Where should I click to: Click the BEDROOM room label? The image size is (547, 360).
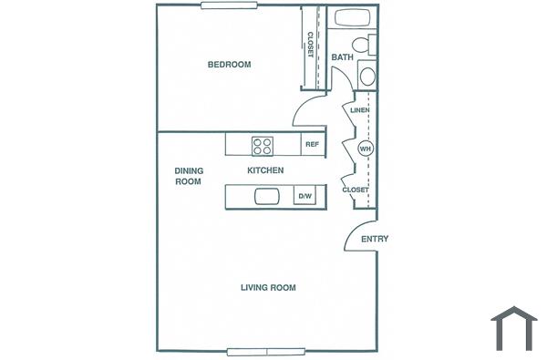point(229,65)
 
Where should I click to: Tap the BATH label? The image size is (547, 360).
point(343,57)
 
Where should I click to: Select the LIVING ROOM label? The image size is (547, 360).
point(268,288)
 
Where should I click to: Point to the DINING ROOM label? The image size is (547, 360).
point(188,176)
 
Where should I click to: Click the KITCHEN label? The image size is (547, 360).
point(265,170)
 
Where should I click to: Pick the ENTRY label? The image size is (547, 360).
point(375,239)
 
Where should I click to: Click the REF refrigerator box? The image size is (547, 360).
point(312,144)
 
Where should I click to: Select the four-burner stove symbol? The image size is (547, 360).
point(263,144)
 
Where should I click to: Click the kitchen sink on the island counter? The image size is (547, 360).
point(267,196)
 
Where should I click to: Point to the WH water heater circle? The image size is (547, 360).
point(366,149)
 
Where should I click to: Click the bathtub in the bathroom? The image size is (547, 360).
point(354,17)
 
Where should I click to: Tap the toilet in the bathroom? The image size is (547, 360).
point(362,45)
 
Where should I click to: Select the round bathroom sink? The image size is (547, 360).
point(367,77)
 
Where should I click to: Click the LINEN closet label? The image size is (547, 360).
point(359,110)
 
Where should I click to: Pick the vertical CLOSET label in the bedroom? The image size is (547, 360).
point(310,46)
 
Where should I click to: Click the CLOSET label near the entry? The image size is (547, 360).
point(356,190)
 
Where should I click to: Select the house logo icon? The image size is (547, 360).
point(514,328)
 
